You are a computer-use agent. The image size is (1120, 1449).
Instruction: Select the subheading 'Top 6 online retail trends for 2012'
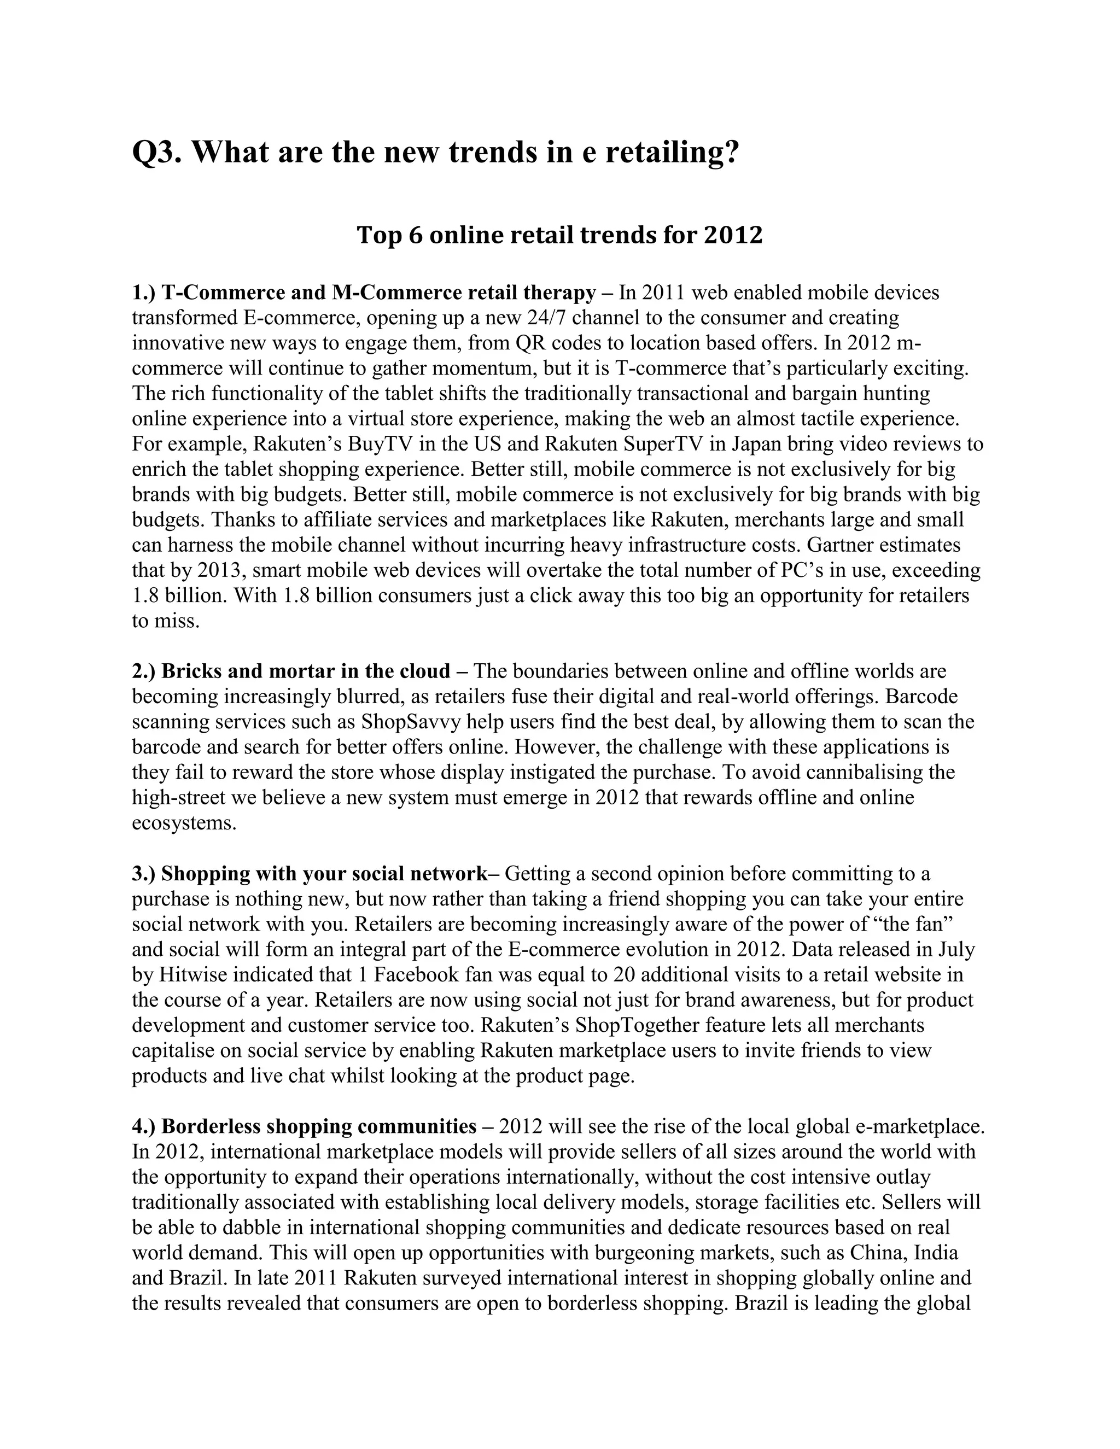[559, 235]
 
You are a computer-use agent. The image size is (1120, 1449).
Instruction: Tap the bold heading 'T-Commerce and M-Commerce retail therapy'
[378, 293]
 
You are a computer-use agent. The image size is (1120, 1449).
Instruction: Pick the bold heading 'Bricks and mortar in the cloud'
[306, 671]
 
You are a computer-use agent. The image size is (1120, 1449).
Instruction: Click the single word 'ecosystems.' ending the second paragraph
[184, 823]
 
